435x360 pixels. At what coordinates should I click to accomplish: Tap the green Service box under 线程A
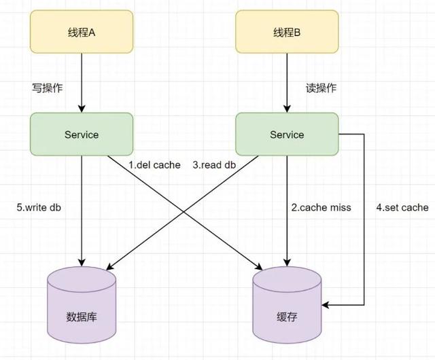82,134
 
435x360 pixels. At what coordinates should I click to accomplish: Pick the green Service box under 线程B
287,134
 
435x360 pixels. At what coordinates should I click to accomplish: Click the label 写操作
43,88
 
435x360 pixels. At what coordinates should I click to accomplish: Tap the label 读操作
321,88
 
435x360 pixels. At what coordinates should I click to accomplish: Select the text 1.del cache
154,165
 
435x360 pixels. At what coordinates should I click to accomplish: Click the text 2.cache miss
321,207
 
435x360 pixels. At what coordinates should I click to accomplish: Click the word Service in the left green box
82,134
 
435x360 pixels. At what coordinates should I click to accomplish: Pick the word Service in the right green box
287,134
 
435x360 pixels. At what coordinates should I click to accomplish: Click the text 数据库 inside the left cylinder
82,317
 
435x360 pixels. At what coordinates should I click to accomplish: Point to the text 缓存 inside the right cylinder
287,317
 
